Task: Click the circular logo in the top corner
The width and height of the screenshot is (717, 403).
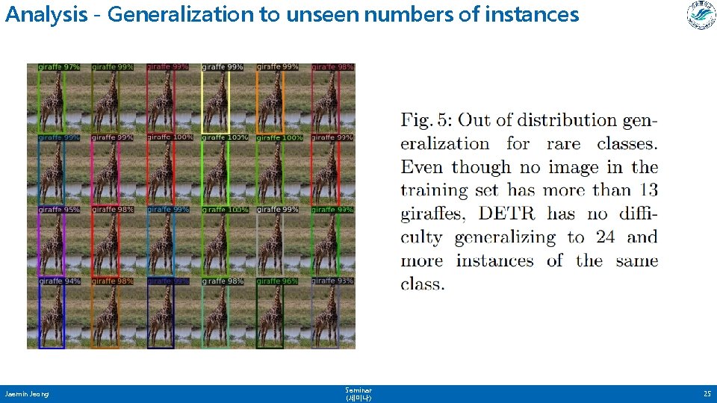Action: (701, 16)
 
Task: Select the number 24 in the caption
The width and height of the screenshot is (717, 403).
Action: (605, 237)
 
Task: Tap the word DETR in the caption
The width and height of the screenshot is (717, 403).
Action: (506, 214)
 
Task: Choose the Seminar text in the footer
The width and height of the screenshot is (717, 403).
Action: (358, 390)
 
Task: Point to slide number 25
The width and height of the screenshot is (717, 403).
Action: (706, 393)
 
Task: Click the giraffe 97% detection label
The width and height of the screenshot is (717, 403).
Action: (59, 67)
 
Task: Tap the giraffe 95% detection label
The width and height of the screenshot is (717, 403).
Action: (59, 210)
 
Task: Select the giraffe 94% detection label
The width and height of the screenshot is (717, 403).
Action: (59, 281)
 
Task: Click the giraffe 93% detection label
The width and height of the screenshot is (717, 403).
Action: (333, 281)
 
